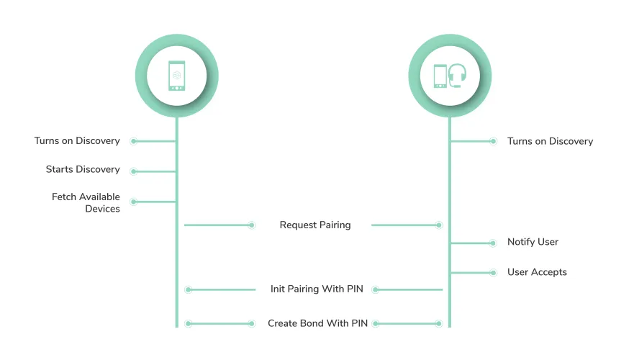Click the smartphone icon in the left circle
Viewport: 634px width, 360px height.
click(177, 76)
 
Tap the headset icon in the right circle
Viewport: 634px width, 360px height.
click(457, 75)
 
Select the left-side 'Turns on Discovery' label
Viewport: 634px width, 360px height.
click(77, 141)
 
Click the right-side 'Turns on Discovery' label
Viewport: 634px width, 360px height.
click(550, 141)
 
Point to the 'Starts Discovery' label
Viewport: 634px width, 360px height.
click(83, 170)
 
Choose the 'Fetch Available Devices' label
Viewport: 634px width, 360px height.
click(86, 202)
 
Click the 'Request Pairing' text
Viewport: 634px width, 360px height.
click(315, 225)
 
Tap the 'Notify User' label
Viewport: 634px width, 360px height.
click(533, 242)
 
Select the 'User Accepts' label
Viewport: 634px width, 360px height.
click(537, 272)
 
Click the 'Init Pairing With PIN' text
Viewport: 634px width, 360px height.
click(317, 289)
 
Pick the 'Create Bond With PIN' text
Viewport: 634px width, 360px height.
click(317, 323)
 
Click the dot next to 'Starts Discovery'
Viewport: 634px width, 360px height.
click(134, 171)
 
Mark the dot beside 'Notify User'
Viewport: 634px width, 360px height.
click(493, 243)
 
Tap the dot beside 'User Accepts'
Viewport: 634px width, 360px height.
click(493, 273)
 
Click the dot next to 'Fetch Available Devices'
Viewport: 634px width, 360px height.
click(134, 202)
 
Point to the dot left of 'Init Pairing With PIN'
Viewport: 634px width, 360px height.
click(189, 289)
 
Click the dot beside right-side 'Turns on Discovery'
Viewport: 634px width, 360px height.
click(493, 142)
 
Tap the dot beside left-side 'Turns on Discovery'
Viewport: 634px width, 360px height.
click(134, 142)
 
